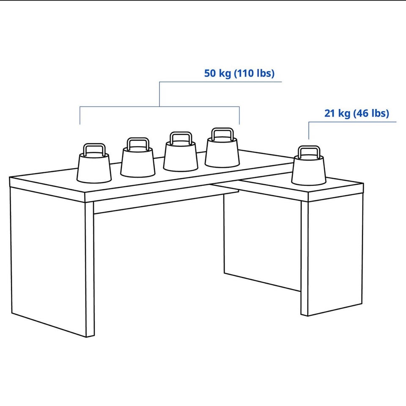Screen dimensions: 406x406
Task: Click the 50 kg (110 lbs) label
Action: pos(239,73)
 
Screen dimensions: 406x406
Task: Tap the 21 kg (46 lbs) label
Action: pos(357,113)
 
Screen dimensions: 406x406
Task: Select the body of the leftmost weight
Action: pos(94,168)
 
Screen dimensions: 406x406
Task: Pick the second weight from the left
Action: pos(138,158)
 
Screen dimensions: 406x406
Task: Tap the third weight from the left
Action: pos(181,152)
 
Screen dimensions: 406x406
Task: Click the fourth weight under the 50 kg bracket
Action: pos(222,147)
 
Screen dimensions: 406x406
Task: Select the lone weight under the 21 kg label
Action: pos(309,166)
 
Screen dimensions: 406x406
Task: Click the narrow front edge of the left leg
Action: pos(90,269)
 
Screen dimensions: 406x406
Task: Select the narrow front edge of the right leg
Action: pos(304,259)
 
